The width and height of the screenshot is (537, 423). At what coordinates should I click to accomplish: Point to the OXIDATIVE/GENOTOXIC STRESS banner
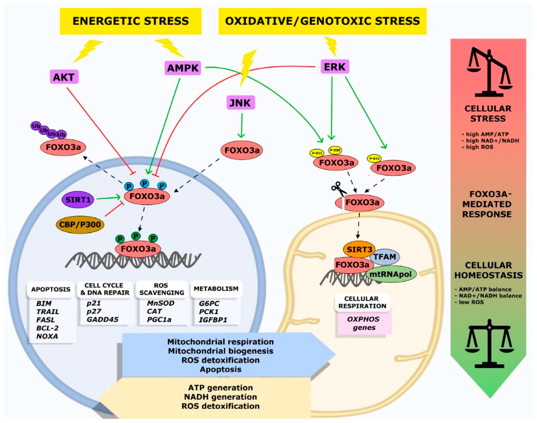[x=322, y=21]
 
